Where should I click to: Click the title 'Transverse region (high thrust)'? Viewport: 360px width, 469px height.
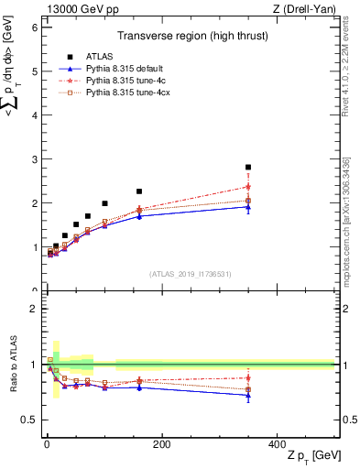[190, 38]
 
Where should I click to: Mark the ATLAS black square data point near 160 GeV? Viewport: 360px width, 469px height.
[139, 191]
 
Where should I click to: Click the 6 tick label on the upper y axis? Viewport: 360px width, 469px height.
[34, 27]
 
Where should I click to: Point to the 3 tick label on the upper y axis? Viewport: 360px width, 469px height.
[34, 159]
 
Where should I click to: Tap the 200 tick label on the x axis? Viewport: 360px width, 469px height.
[161, 443]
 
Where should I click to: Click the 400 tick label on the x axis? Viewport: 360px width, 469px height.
[277, 443]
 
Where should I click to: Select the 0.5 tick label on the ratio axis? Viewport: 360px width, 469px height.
[29, 420]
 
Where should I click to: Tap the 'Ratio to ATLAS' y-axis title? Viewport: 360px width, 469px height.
[11, 365]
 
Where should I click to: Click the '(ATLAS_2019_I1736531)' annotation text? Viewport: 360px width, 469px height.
[190, 274]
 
